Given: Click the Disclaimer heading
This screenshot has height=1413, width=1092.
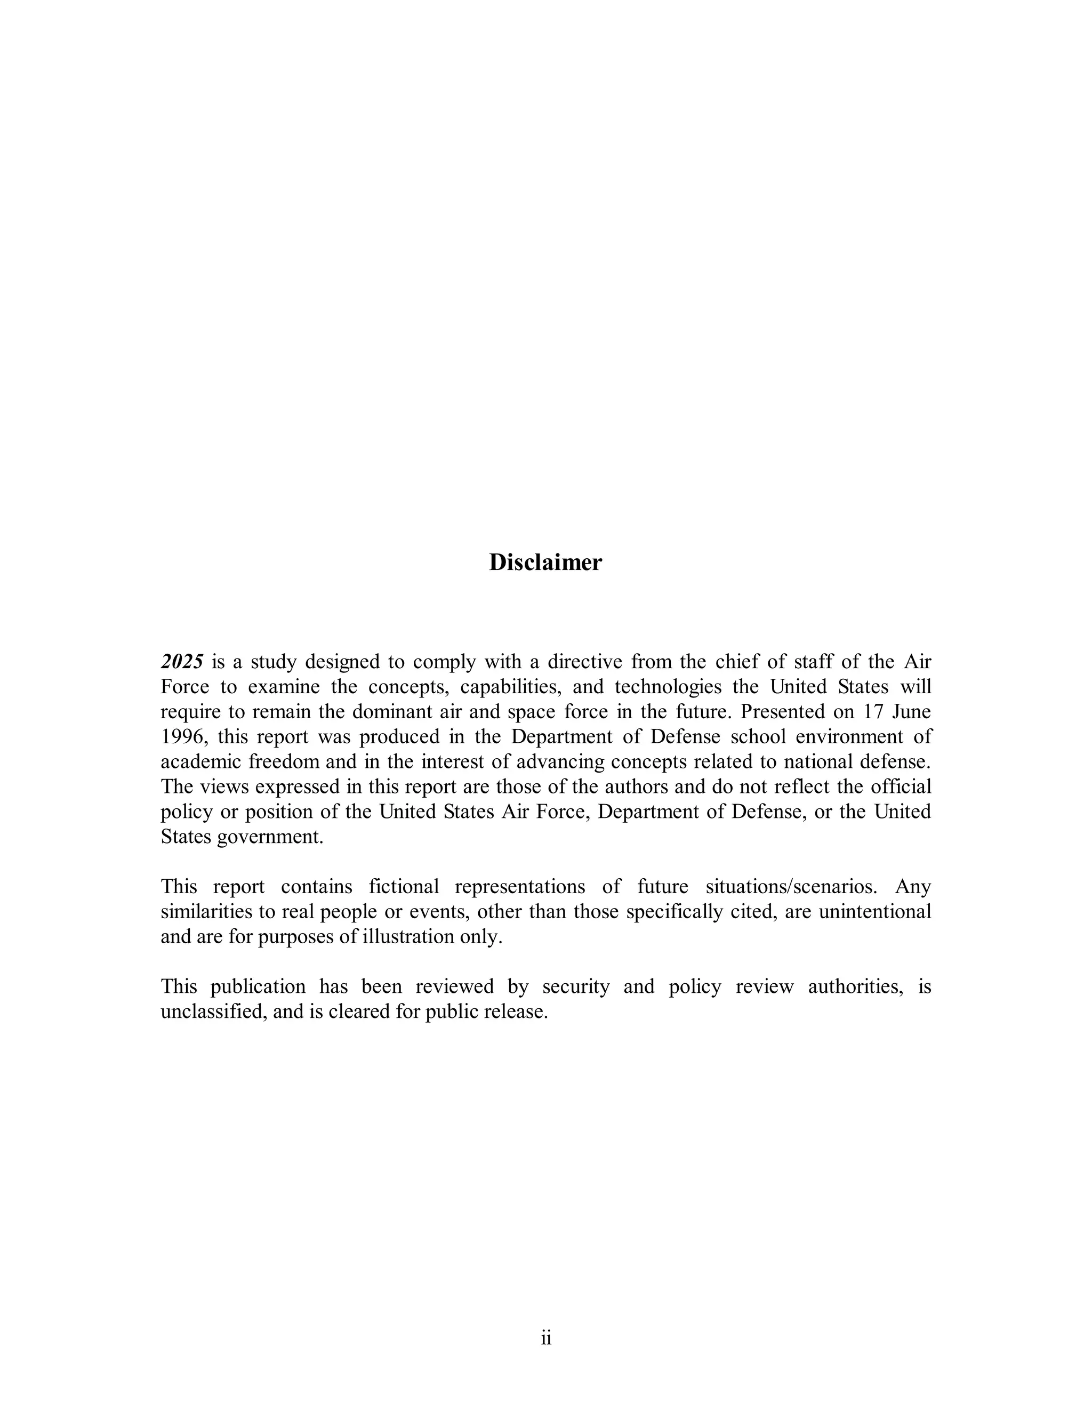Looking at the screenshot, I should point(545,562).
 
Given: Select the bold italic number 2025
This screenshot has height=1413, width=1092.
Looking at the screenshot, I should point(182,662).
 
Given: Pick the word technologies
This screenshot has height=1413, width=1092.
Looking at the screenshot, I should point(668,686).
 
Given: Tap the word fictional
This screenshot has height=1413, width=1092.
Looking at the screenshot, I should point(404,886).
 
